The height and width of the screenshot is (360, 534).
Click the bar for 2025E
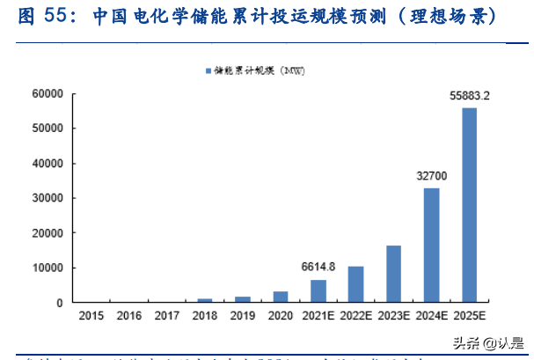coord(469,205)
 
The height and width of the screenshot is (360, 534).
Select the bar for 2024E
coord(431,246)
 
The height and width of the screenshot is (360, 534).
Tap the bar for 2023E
coord(393,274)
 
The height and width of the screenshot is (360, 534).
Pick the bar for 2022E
coord(355,284)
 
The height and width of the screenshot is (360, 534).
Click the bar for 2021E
coord(318,291)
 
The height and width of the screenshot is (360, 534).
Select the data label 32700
coord(431,176)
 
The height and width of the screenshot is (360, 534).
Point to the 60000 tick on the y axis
coord(47,93)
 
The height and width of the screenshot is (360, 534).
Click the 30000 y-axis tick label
coord(47,198)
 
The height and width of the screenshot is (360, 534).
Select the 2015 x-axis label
coord(91,314)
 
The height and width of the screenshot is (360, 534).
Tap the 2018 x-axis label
coord(204,314)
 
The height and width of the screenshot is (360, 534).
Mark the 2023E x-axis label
coord(393,314)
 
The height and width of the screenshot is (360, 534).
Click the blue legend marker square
coord(208,70)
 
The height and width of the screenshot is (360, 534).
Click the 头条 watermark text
coord(465,344)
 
